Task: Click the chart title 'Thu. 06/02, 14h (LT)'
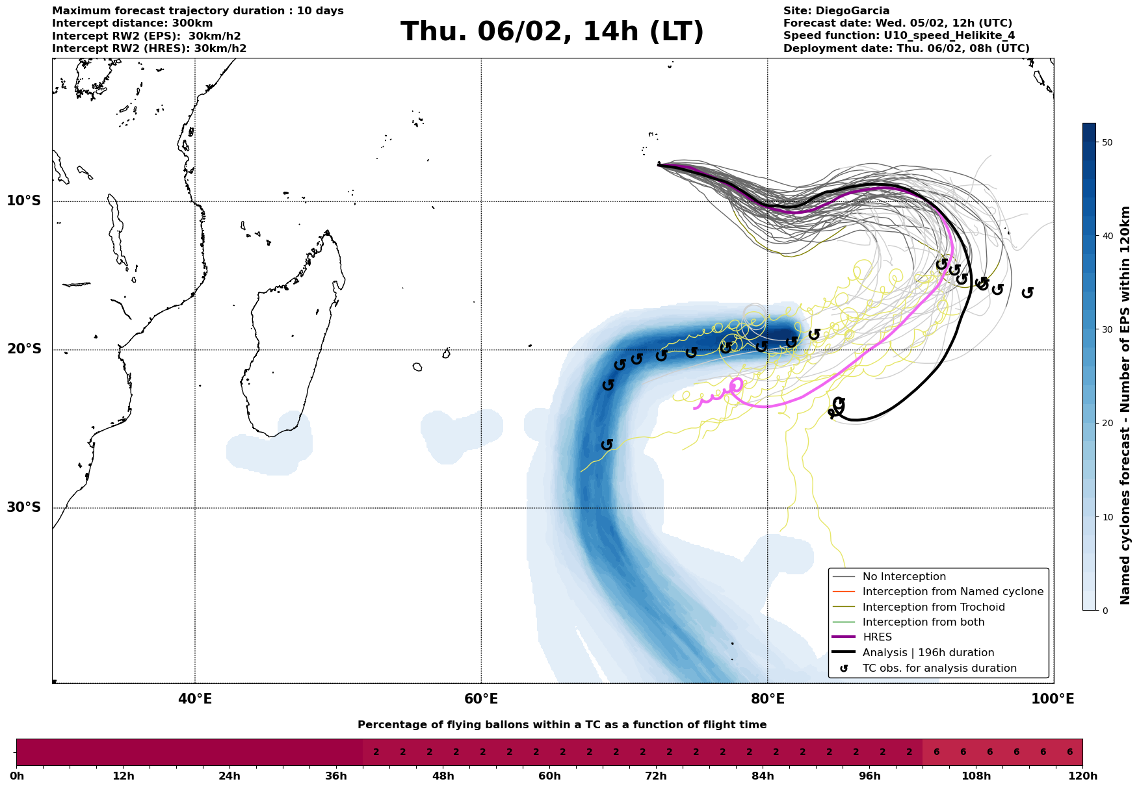point(552,32)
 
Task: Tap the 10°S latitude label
point(24,201)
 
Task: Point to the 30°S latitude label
point(24,507)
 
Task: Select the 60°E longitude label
point(481,700)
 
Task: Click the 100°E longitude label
point(1053,700)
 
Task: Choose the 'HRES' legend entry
point(877,637)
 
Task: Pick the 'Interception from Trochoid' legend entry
point(933,607)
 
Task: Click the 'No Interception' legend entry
point(904,577)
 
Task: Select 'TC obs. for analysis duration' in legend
point(939,668)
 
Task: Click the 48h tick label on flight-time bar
point(443,776)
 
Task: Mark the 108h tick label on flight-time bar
point(976,776)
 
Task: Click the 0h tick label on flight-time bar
point(17,776)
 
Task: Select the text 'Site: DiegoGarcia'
point(836,11)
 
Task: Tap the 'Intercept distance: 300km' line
point(132,23)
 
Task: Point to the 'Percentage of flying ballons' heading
point(562,725)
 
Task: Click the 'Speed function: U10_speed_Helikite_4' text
point(898,36)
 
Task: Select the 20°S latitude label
point(24,350)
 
